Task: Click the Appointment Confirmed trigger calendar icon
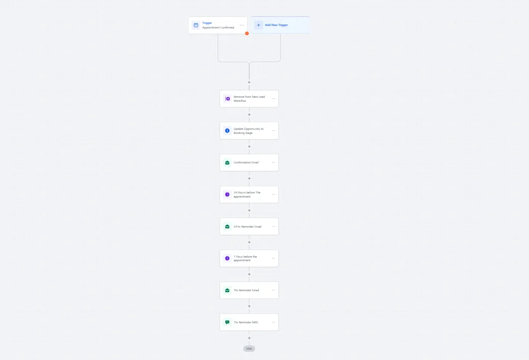[196, 25]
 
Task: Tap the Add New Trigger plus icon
[258, 25]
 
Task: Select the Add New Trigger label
[276, 25]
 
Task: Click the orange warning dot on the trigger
[247, 34]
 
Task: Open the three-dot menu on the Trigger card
[242, 25]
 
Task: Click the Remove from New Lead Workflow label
[249, 99]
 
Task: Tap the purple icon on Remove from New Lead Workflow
[227, 99]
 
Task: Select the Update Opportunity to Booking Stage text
[249, 131]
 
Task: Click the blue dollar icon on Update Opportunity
[227, 131]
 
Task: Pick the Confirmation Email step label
[246, 162]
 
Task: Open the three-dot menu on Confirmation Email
[273, 162]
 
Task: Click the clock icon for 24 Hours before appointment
[227, 195]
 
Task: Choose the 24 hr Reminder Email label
[247, 227]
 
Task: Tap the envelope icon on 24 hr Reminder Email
[227, 227]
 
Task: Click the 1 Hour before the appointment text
[245, 258]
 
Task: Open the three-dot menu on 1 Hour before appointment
[273, 258]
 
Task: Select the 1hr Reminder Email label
[246, 290]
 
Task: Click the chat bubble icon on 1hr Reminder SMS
[227, 322]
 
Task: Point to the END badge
[249, 349]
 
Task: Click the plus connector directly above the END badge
[249, 338]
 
